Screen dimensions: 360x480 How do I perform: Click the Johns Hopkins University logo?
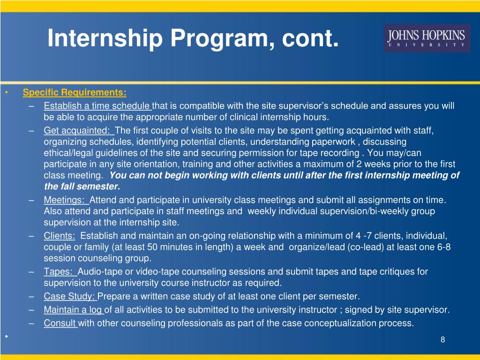click(x=426, y=38)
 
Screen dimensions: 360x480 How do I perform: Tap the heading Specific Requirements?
click(x=75, y=92)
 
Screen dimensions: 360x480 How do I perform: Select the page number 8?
click(x=442, y=340)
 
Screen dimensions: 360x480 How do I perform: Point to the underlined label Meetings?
click(x=66, y=200)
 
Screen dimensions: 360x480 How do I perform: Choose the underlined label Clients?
click(x=59, y=236)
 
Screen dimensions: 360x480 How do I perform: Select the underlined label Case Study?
click(x=70, y=296)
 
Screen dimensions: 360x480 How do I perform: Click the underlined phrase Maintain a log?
click(x=73, y=310)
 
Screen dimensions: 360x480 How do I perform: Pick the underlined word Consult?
click(x=60, y=323)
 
